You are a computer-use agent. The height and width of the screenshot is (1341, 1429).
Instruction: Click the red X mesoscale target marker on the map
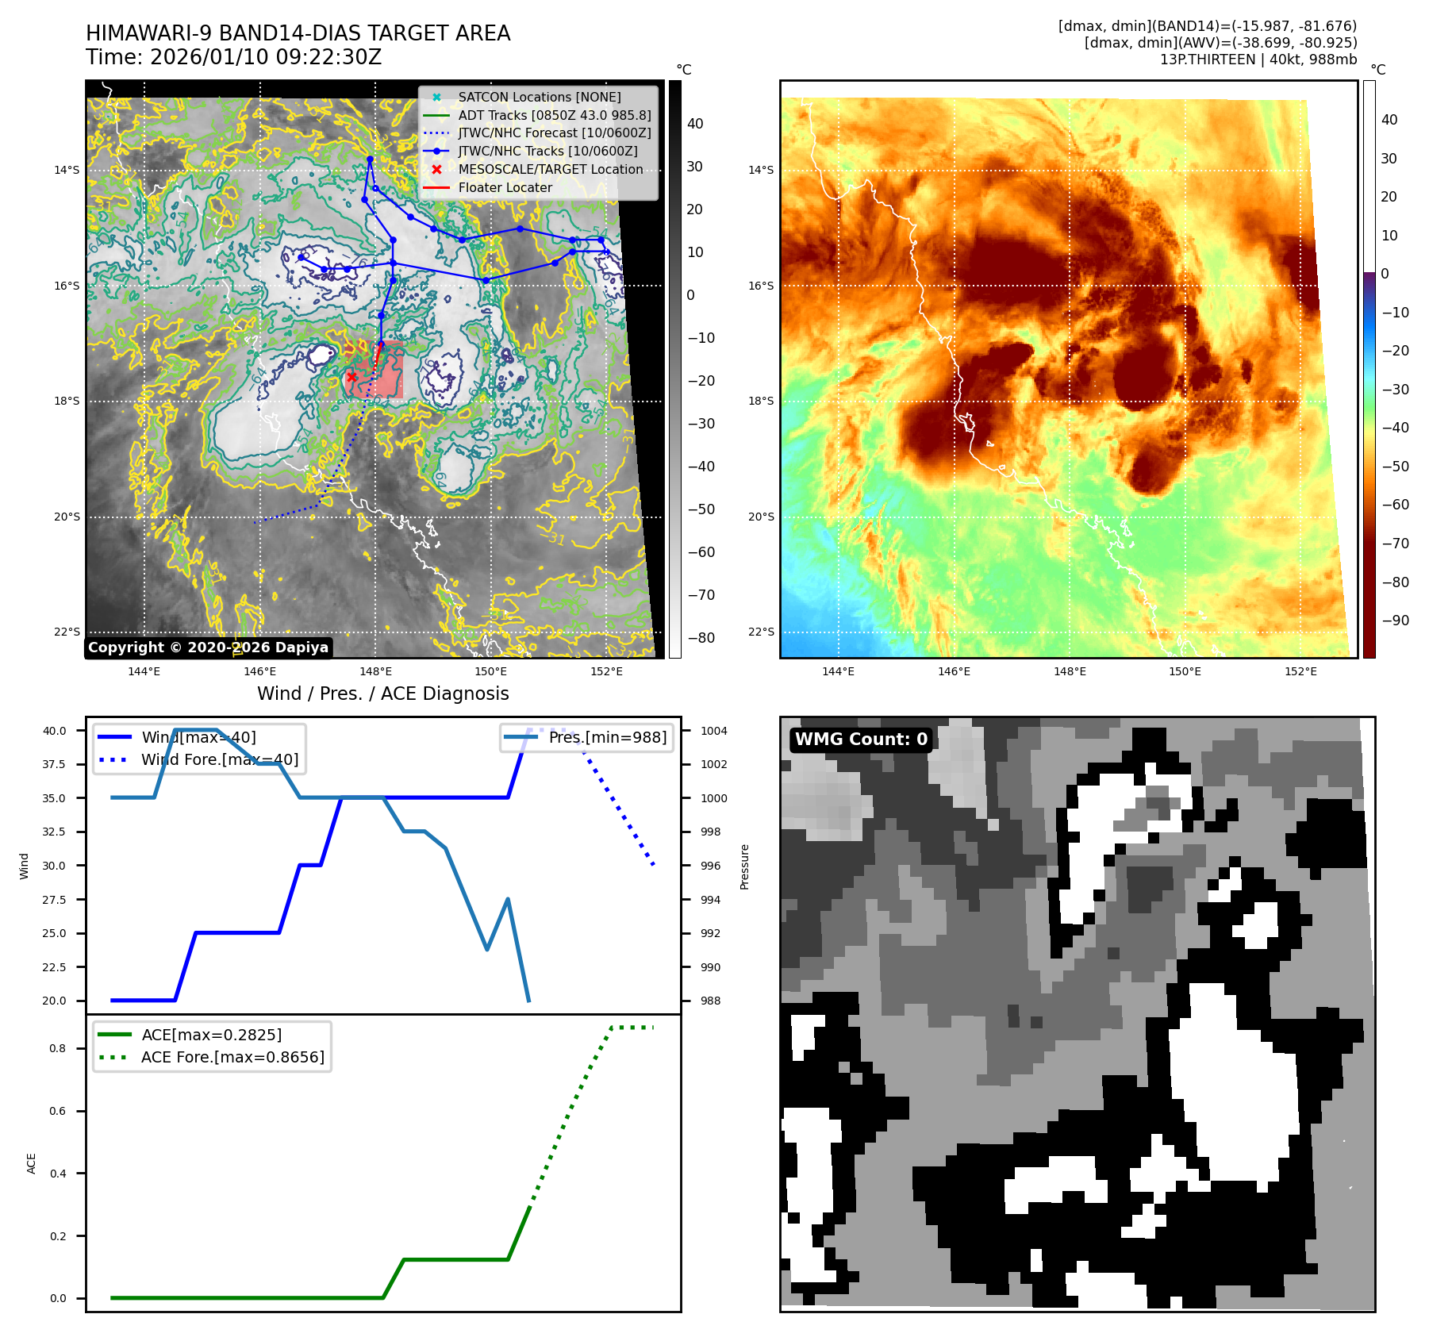351,377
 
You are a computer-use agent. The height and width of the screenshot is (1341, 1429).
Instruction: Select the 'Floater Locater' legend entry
505,187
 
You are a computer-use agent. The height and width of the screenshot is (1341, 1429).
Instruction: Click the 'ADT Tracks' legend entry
554,115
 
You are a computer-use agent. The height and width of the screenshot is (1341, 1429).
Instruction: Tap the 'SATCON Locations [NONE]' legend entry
540,97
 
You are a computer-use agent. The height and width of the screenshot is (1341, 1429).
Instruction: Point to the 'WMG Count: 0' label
861,740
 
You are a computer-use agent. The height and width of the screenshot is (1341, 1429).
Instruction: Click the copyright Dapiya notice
208,647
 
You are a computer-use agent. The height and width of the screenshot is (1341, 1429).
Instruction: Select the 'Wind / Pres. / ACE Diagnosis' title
382,694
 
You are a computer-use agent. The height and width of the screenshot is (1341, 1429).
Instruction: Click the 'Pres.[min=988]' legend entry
607,737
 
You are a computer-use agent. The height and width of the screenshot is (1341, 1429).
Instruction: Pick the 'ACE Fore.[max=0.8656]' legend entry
232,1057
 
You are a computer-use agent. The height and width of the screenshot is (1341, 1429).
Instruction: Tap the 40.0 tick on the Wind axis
55,731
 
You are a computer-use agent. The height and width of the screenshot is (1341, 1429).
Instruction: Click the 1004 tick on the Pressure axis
713,731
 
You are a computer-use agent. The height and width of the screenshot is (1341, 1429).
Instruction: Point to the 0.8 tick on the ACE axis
58,1048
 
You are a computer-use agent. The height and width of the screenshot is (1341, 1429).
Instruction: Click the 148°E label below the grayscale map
375,671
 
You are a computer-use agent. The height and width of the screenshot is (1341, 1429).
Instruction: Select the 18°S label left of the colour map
761,401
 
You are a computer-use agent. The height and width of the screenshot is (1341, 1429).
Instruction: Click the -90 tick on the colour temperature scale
1395,621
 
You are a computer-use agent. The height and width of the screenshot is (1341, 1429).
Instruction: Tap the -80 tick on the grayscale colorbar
701,638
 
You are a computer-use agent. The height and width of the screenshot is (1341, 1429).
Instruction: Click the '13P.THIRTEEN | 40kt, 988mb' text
1258,60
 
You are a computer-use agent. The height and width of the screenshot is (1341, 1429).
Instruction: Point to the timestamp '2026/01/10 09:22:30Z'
266,57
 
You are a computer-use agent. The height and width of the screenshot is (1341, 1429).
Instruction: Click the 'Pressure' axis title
744,866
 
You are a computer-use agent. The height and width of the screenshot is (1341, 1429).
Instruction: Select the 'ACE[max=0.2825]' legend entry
211,1035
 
